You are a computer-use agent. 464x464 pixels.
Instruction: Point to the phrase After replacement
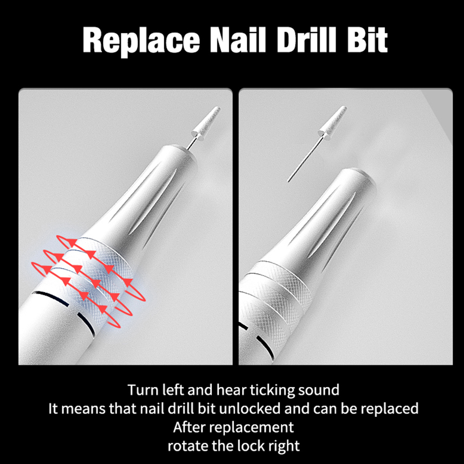[x=233, y=427]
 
